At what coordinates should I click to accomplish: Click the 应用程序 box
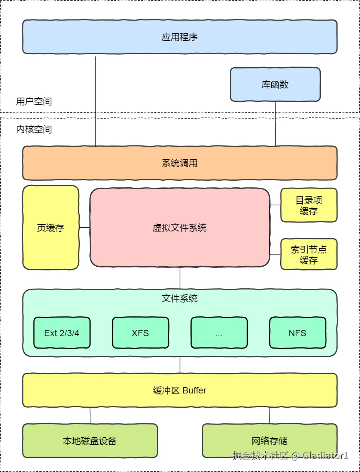tap(180, 37)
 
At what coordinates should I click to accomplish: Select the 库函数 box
tap(275, 84)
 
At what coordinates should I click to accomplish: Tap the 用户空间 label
tap(34, 101)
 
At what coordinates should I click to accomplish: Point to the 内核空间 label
tap(34, 129)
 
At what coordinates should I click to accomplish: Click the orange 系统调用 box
tap(180, 163)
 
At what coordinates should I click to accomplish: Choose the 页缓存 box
tap(51, 227)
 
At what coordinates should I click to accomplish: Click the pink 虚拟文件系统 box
tap(180, 227)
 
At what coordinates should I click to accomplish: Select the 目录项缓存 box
tap(309, 205)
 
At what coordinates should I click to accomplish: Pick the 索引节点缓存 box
tap(309, 254)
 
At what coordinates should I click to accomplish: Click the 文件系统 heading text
tap(180, 298)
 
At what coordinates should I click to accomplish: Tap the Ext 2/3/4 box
tap(62, 332)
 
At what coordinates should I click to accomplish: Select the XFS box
tap(140, 332)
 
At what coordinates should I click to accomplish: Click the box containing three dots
tap(219, 332)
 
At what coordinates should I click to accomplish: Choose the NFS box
tap(298, 332)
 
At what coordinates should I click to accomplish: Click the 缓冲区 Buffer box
tap(180, 390)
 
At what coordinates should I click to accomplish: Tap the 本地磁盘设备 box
tap(90, 441)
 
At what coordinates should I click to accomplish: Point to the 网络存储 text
tap(269, 441)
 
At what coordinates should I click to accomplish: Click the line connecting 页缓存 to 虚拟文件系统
tap(85, 227)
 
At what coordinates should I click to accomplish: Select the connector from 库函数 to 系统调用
tap(275, 124)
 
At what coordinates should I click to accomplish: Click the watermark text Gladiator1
tap(325, 455)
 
